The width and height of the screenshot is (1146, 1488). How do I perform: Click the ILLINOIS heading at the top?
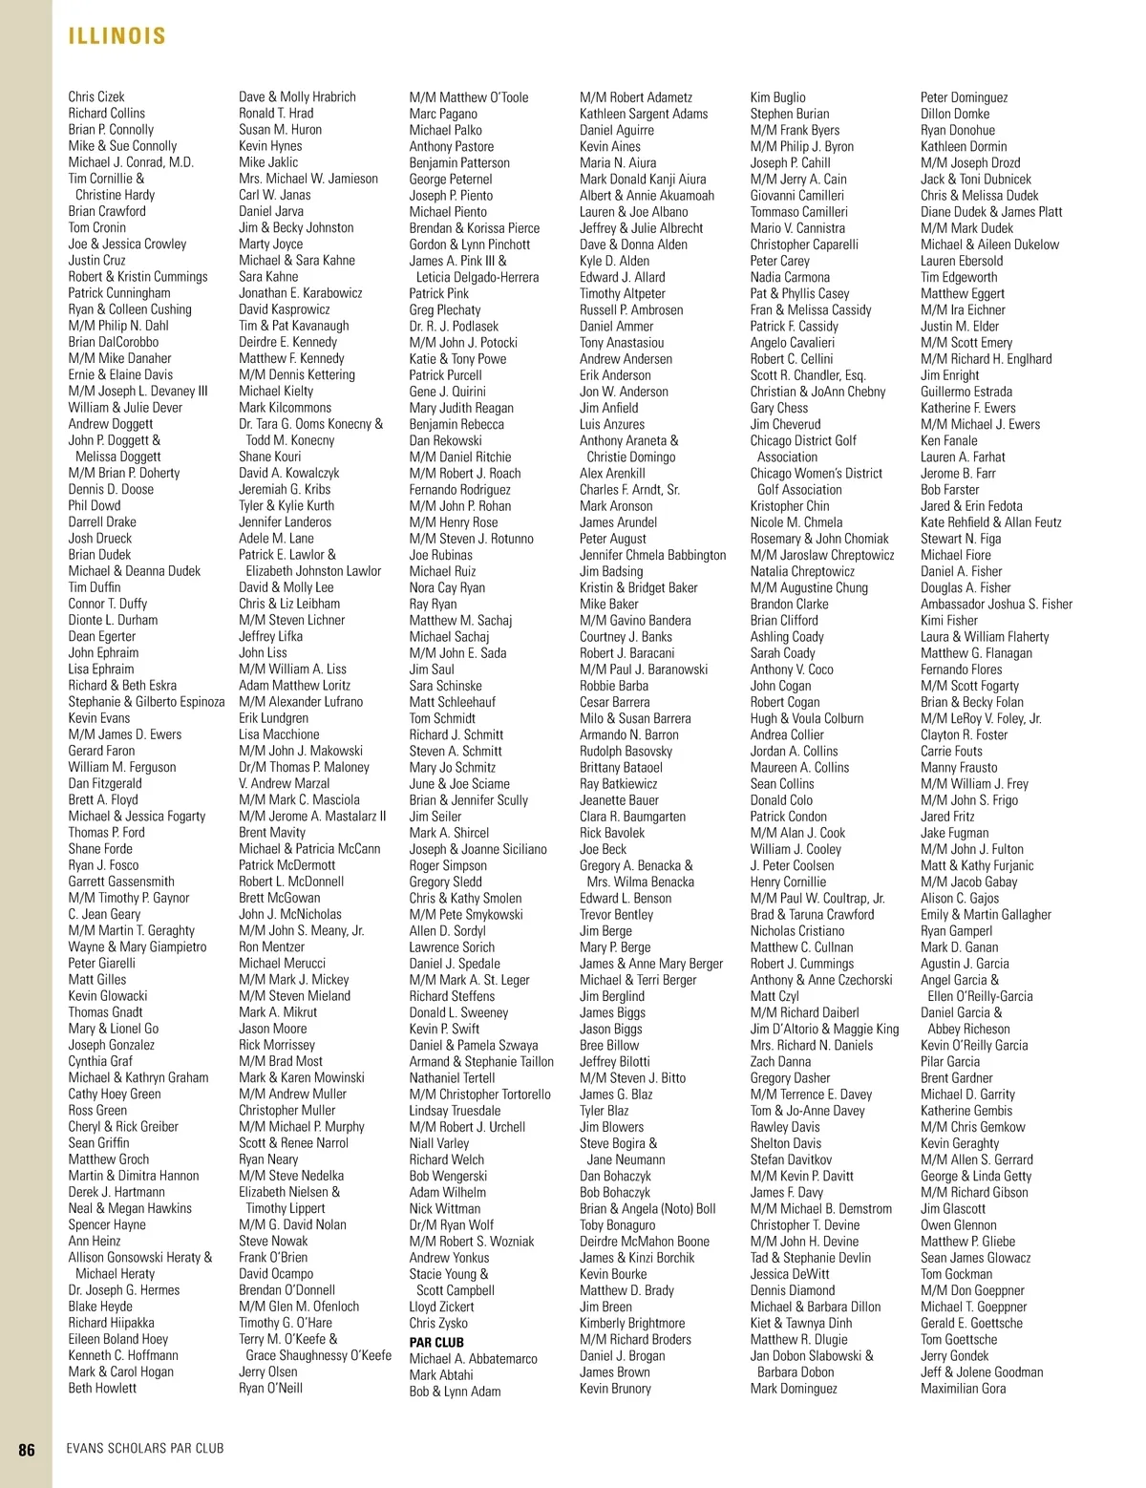117,36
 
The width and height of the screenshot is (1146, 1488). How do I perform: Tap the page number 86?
27,1449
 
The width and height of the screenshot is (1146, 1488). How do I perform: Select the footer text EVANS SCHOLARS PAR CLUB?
145,1449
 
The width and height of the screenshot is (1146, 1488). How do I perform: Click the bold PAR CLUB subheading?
436,1342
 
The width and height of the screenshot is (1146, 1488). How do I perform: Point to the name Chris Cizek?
96,96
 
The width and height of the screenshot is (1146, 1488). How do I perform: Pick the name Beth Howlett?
102,1388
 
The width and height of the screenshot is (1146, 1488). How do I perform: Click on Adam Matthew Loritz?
294,685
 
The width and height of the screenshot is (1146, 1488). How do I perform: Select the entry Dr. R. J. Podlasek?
454,326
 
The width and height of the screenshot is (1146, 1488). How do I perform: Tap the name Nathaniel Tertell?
453,1077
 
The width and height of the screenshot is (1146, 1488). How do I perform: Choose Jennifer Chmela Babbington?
652,555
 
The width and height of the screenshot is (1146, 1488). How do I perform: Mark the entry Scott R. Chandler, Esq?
808,375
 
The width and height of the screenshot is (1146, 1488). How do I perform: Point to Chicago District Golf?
803,440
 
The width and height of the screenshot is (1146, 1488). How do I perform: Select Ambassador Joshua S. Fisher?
996,604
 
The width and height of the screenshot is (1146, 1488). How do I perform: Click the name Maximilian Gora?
963,1388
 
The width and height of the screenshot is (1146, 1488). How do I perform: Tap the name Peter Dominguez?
964,97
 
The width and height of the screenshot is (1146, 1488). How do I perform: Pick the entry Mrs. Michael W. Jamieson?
308,179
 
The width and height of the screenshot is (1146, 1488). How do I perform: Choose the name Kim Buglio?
777,97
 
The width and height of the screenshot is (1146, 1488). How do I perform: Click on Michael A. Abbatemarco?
473,1358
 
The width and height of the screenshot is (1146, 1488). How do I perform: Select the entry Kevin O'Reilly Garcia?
974,1045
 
